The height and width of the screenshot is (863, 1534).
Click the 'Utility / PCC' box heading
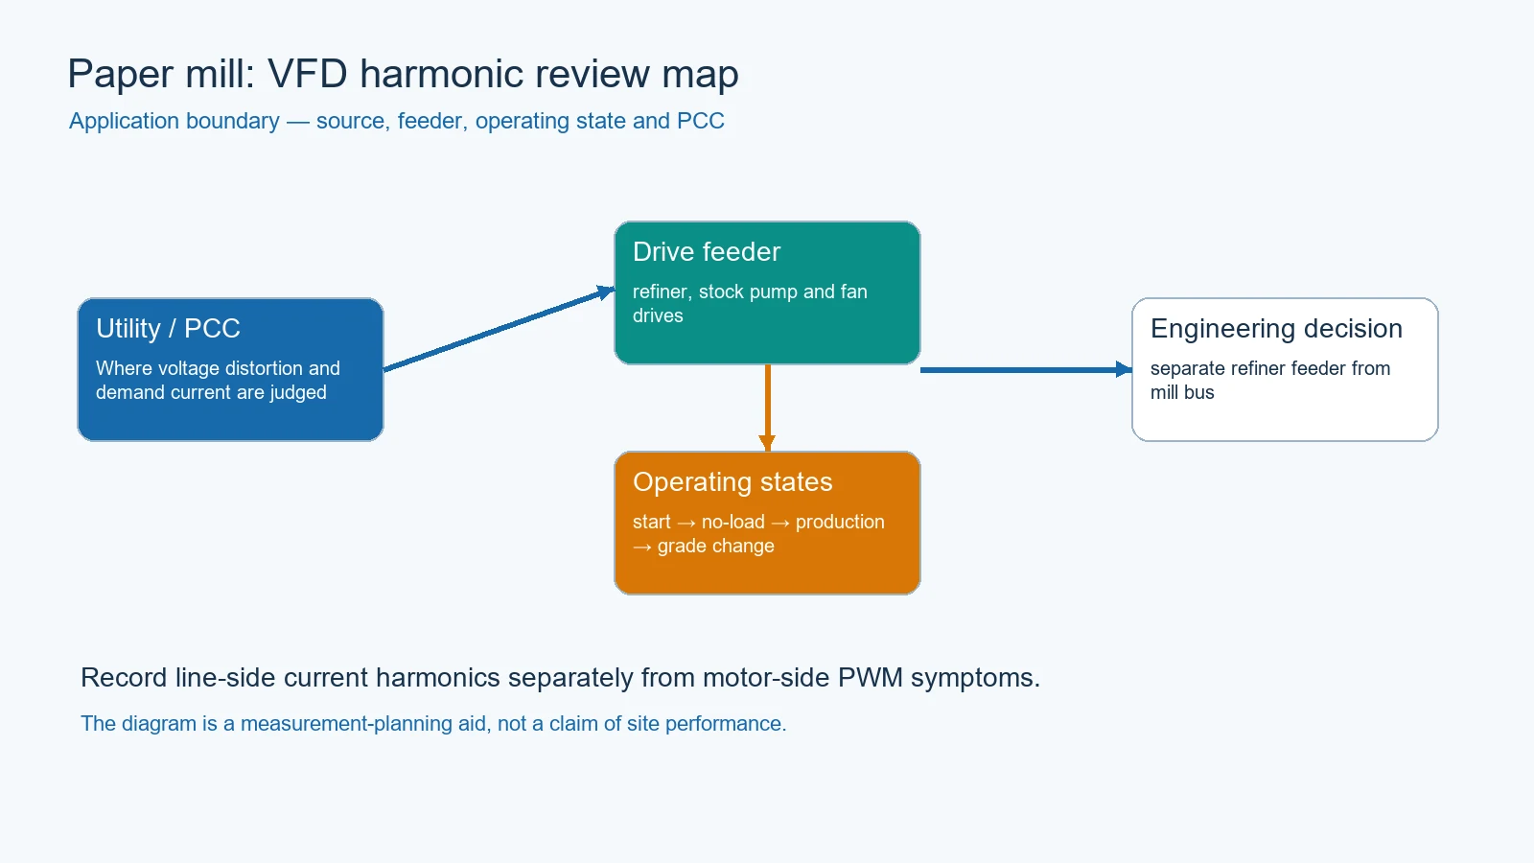coord(168,329)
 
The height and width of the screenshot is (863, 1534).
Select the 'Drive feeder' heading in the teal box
coord(706,252)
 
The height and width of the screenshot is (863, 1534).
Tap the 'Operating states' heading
coord(732,482)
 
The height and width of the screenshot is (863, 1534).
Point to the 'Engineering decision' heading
coord(1276,329)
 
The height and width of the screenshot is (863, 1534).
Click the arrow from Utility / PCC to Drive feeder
coord(499,330)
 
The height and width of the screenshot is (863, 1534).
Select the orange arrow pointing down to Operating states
coord(768,408)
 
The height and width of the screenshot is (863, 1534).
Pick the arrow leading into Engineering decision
coord(1026,370)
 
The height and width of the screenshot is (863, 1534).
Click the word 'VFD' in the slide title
coord(307,74)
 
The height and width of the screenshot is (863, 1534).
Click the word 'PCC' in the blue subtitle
coord(700,121)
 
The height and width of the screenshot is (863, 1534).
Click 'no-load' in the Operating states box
coord(732,522)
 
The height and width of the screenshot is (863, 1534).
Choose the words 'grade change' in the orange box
coord(715,546)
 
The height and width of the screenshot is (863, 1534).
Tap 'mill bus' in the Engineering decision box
coord(1182,392)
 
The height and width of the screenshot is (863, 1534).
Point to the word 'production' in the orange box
coord(840,523)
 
